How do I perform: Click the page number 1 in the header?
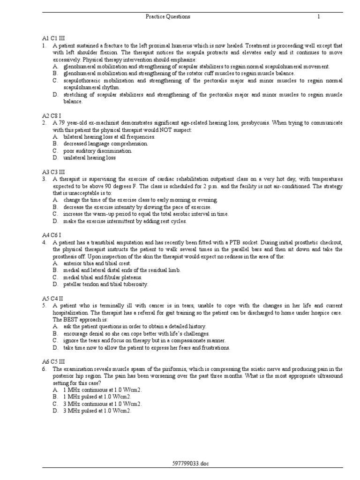(318, 17)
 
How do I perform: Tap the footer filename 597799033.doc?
(190, 464)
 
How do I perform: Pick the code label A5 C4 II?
(52, 298)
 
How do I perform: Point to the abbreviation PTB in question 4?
(234, 242)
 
